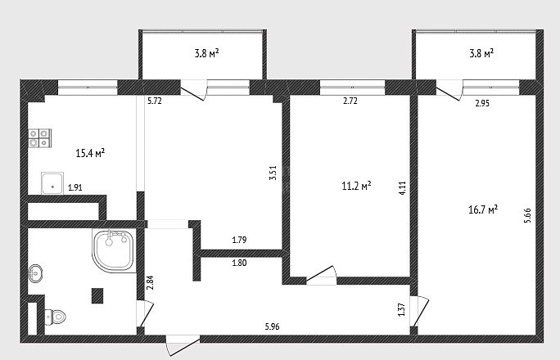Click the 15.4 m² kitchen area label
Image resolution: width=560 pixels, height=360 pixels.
point(90,154)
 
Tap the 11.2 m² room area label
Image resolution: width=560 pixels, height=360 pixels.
point(356,186)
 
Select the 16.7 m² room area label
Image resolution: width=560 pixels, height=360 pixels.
point(483,209)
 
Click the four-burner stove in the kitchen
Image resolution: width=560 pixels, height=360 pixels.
point(39,138)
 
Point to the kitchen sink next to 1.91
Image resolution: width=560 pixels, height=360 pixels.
point(52,183)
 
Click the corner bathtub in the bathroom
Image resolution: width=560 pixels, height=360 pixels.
point(114,250)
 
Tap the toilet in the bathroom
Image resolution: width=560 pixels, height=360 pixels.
point(56,317)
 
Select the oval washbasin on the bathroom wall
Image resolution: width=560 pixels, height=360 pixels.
point(34,273)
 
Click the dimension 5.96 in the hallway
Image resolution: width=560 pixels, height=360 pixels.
point(272,326)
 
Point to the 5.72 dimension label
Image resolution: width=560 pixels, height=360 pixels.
point(155,101)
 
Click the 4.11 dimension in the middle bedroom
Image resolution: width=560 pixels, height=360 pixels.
point(402,187)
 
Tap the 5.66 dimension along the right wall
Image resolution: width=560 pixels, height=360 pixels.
point(527,215)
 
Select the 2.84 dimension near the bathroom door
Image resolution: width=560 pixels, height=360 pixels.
point(151,282)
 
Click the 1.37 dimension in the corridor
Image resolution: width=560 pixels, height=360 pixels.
point(402,309)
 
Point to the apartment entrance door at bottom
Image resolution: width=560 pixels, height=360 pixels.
point(183,345)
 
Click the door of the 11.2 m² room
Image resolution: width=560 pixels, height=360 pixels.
point(322,275)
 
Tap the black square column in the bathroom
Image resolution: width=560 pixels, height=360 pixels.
point(97,295)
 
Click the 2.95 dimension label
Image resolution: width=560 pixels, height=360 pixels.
point(482,103)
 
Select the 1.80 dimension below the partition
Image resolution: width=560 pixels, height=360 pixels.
point(239,263)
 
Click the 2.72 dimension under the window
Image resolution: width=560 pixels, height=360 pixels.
point(350,101)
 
